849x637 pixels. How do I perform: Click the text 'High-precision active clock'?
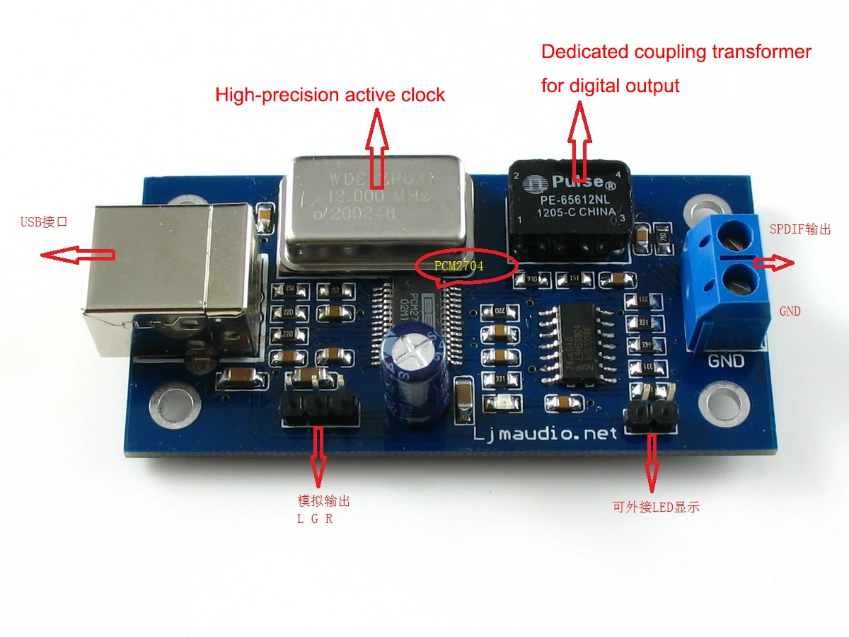click(x=330, y=95)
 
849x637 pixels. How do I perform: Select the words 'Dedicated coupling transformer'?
click(x=676, y=52)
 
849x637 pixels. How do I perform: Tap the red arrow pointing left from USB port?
click(x=78, y=255)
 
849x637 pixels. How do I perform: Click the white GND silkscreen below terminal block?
click(x=726, y=361)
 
